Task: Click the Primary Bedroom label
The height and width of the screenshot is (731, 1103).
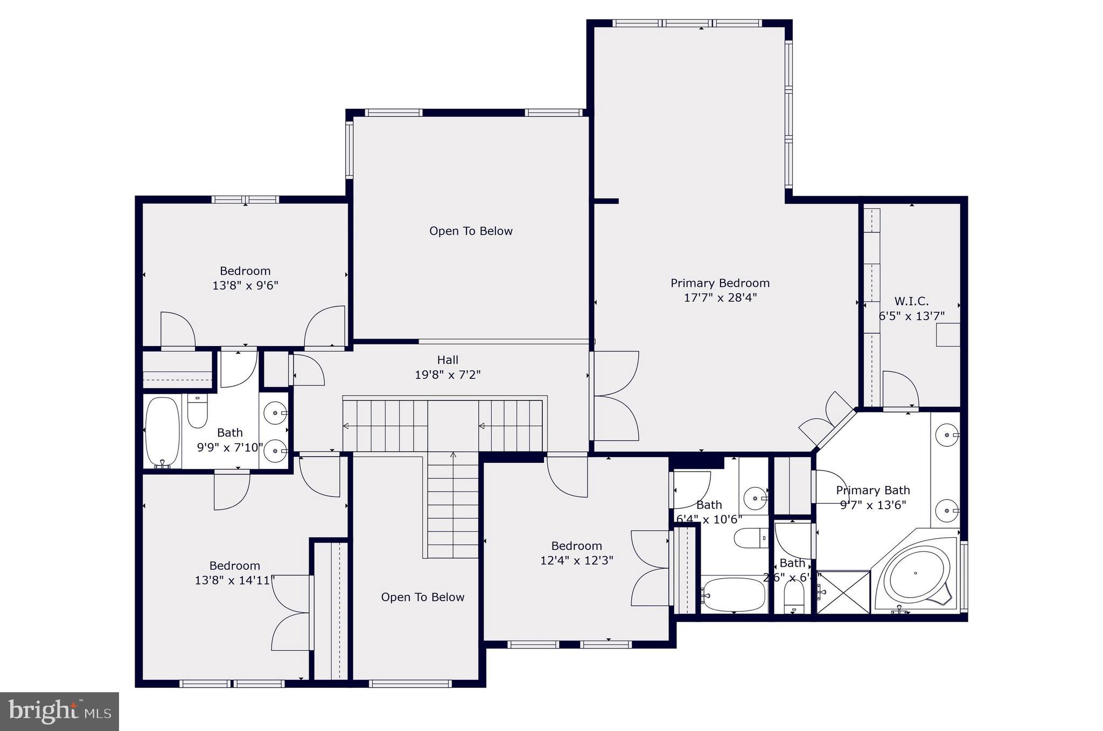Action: (720, 283)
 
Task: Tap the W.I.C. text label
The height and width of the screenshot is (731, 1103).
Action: (911, 301)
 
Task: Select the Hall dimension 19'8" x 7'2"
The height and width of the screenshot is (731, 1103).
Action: (447, 375)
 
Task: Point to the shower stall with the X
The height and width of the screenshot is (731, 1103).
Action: (843, 592)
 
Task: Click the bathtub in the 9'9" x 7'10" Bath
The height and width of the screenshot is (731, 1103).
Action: (162, 432)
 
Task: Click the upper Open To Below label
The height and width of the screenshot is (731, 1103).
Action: (471, 231)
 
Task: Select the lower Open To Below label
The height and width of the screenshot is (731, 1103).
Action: (422, 597)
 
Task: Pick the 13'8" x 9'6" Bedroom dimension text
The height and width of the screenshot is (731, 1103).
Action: (245, 285)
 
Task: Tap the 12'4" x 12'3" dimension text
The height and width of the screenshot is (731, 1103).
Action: (576, 560)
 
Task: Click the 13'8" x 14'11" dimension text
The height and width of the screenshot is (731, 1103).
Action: (235, 580)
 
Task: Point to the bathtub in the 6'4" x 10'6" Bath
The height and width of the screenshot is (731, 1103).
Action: (734, 594)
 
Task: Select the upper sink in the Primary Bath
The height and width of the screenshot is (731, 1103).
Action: (947, 434)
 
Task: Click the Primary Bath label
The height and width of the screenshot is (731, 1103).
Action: (872, 490)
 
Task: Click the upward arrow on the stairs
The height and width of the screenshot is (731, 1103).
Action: (453, 455)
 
